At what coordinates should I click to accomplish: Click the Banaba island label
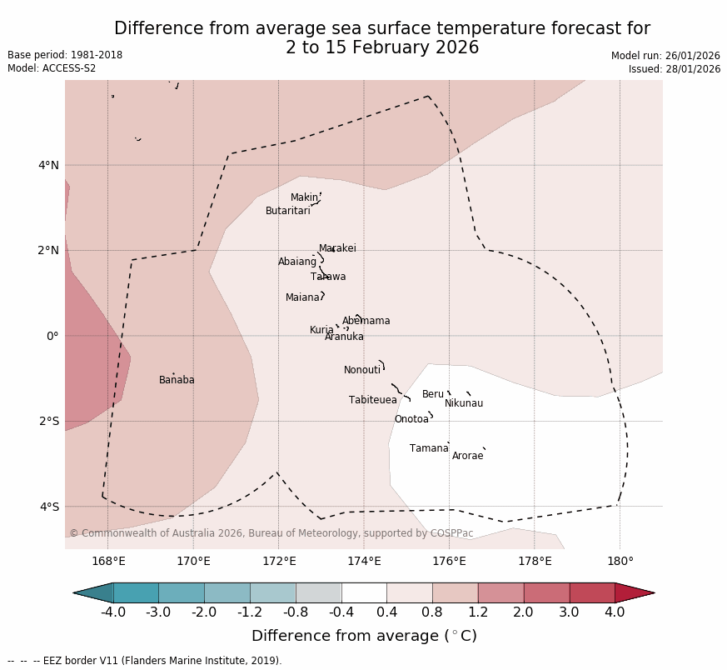pyautogui.click(x=177, y=380)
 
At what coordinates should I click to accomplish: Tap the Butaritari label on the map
pyautogui.click(x=288, y=211)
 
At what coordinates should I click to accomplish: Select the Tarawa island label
pyautogui.click(x=328, y=277)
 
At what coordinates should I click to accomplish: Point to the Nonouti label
pyautogui.click(x=362, y=370)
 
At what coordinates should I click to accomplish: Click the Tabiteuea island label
pyautogui.click(x=373, y=400)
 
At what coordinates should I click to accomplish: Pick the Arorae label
pyautogui.click(x=467, y=456)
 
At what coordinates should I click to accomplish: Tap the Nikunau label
pyautogui.click(x=464, y=403)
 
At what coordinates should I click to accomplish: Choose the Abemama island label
pyautogui.click(x=366, y=321)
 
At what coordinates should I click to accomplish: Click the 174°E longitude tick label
pyautogui.click(x=364, y=561)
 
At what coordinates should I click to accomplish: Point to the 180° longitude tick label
pyautogui.click(x=620, y=561)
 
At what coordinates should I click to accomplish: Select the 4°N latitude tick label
pyautogui.click(x=48, y=165)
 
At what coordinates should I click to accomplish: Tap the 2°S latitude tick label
pyautogui.click(x=48, y=421)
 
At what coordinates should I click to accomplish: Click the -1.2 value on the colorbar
pyautogui.click(x=250, y=612)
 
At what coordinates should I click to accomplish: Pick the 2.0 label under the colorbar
pyautogui.click(x=524, y=612)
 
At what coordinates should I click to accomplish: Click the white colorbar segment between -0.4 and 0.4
pyautogui.click(x=364, y=592)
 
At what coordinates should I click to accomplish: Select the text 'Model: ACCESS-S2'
pyautogui.click(x=52, y=68)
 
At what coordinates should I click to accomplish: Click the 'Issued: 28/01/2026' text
pyautogui.click(x=675, y=69)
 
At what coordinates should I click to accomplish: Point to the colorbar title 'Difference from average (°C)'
pyautogui.click(x=364, y=636)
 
